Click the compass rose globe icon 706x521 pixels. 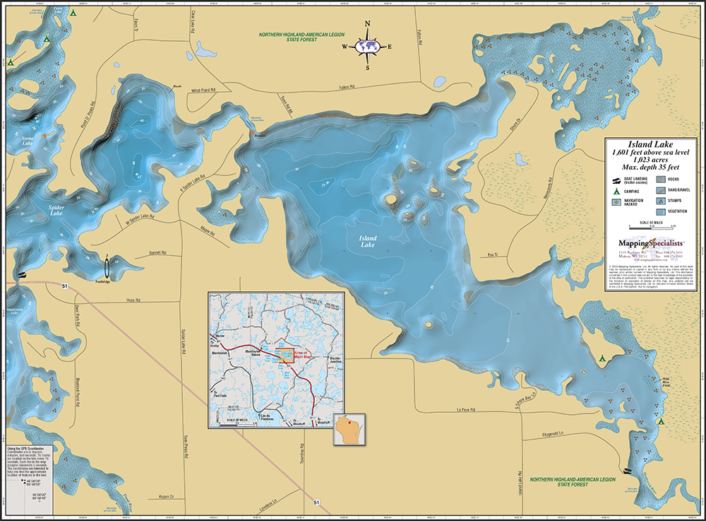click(x=367, y=46)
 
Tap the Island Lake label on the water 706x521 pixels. click(x=367, y=242)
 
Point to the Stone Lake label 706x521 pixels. click(x=26, y=141)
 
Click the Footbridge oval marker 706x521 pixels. click(x=107, y=269)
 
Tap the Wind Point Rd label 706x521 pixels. click(x=202, y=90)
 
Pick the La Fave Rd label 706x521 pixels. click(x=469, y=408)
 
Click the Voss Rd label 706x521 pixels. click(x=133, y=300)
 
